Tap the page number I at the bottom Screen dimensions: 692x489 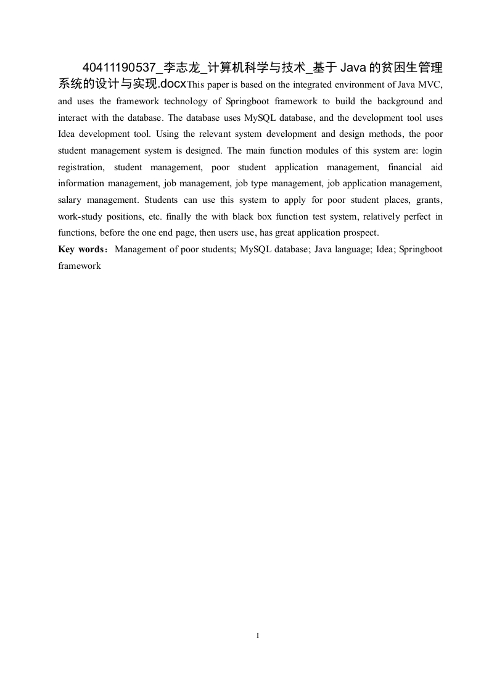tap(257, 635)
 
